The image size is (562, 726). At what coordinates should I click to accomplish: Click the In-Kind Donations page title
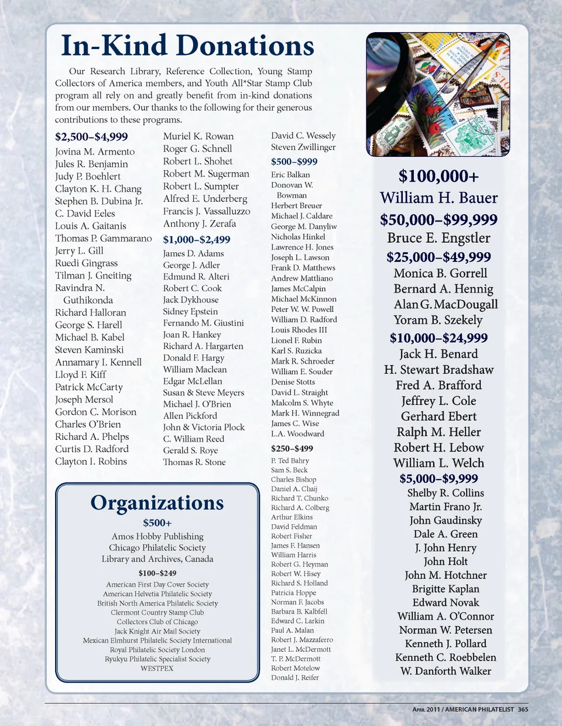click(x=187, y=46)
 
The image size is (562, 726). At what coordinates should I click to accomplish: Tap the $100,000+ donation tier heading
click(x=438, y=176)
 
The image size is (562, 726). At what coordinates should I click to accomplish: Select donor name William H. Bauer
click(x=438, y=198)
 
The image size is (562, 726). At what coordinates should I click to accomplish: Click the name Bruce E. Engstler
click(x=438, y=238)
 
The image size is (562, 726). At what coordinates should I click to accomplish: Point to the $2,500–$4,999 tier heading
click(x=91, y=137)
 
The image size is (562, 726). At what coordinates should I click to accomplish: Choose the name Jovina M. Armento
click(x=95, y=152)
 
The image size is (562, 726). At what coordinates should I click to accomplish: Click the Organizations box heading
click(x=157, y=503)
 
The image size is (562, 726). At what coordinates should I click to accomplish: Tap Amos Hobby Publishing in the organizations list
click(x=157, y=536)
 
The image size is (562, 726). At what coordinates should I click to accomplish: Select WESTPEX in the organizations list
click(x=157, y=668)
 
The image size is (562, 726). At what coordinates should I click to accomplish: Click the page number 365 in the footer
click(x=523, y=710)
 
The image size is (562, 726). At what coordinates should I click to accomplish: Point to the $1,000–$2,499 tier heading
click(x=197, y=239)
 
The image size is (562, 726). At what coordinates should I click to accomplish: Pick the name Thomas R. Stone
click(x=194, y=462)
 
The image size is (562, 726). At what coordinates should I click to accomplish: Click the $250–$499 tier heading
click(x=292, y=449)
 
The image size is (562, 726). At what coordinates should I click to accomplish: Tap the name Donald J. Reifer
click(x=295, y=677)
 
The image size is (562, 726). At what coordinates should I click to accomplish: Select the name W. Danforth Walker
click(x=446, y=671)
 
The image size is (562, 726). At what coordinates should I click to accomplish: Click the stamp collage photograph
click(x=438, y=95)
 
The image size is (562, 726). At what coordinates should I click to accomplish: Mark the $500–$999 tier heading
click(x=294, y=161)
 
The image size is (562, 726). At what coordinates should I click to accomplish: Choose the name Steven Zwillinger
click(x=303, y=147)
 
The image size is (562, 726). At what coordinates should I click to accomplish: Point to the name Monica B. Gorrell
click(x=440, y=273)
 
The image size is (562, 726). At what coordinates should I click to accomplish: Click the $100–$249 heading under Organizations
click(x=157, y=573)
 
